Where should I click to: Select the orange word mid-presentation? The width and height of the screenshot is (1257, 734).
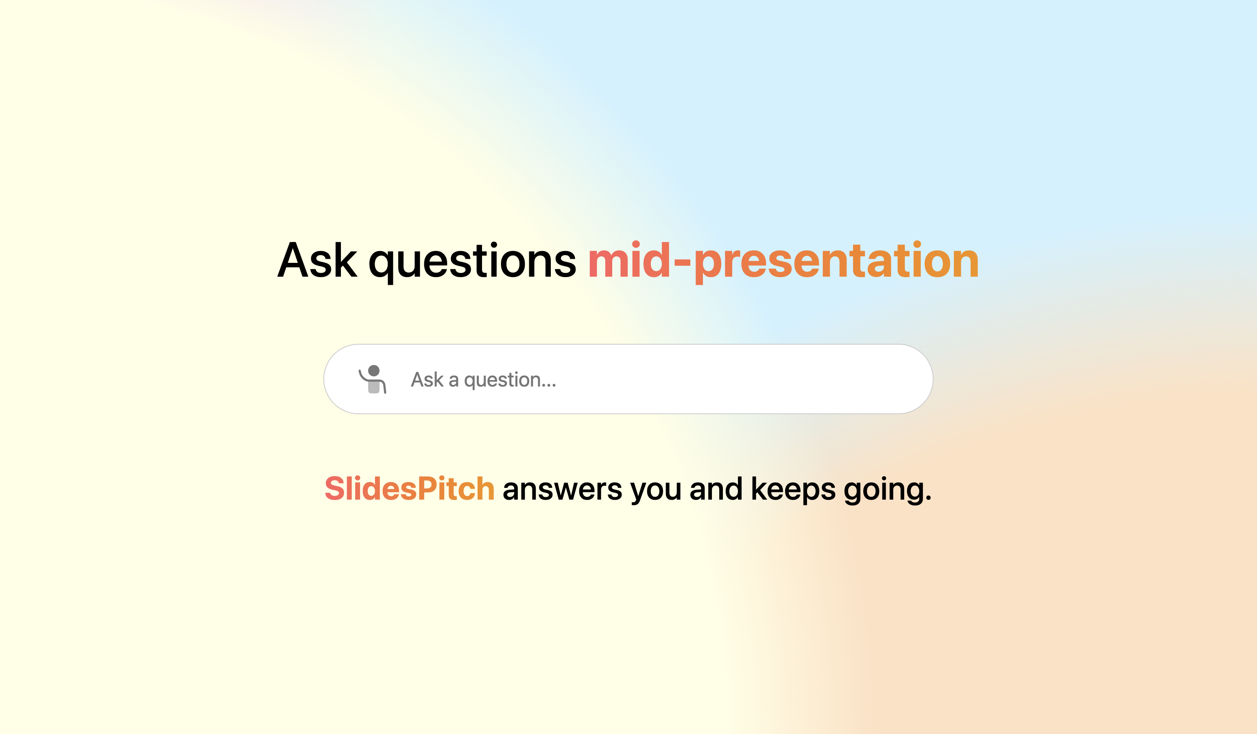pos(783,262)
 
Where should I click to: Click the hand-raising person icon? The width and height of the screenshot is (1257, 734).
pos(373,379)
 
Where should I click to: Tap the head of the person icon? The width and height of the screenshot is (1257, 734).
pos(373,371)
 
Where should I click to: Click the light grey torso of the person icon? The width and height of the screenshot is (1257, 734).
pos(373,387)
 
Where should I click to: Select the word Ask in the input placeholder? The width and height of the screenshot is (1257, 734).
pos(427,380)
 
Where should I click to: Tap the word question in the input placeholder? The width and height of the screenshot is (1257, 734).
pos(502,381)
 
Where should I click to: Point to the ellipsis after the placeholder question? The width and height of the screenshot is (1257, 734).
pos(548,386)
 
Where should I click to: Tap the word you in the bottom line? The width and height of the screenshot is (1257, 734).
pos(655,492)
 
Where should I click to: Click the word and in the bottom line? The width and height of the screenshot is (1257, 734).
pos(716,489)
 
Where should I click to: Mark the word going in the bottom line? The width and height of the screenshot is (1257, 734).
pos(884,491)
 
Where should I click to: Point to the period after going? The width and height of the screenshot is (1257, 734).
pos(928,498)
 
